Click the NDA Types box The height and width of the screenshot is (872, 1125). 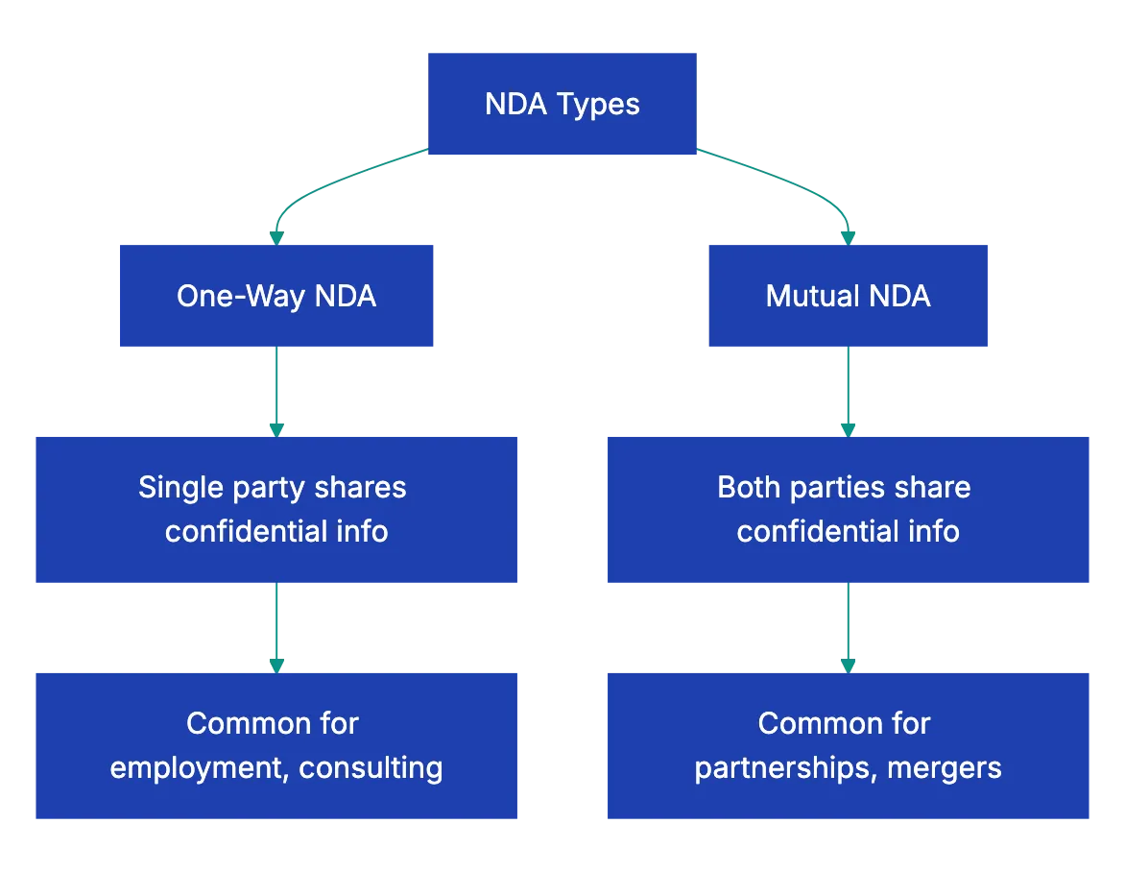click(562, 103)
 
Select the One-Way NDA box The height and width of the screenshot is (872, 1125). click(276, 295)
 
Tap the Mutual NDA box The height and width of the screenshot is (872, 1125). click(848, 295)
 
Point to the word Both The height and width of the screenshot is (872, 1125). click(750, 487)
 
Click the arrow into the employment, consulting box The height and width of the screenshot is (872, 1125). click(276, 626)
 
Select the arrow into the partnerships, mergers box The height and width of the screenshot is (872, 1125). click(848, 626)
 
